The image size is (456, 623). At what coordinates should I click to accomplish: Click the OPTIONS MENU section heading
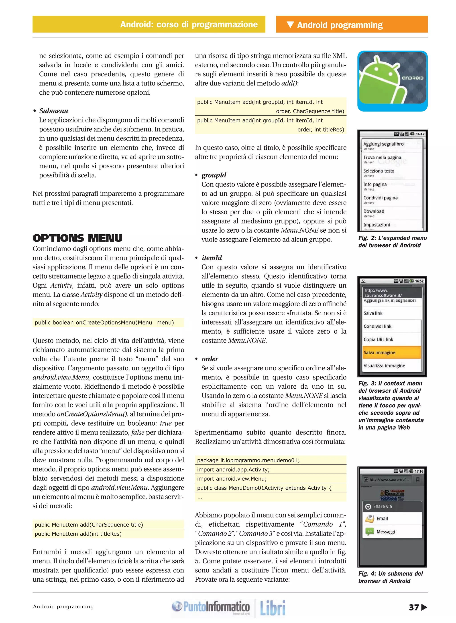(77, 238)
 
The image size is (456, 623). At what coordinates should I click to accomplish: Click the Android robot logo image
(392, 81)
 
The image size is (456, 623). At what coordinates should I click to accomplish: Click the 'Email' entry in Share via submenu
(382, 518)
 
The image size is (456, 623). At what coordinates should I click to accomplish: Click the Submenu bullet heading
(54, 111)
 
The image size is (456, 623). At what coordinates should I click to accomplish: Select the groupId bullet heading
(214, 175)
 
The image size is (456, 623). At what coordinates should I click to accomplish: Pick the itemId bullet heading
(212, 258)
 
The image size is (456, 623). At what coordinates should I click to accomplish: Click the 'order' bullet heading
(210, 359)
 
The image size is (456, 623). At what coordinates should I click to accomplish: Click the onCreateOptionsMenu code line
(104, 322)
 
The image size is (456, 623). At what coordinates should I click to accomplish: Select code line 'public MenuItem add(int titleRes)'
(78, 534)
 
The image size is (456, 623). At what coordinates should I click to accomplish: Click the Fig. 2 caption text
(392, 241)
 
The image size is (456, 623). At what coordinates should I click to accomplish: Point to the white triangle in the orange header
(290, 24)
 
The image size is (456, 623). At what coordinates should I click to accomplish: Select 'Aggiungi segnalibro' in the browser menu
(383, 144)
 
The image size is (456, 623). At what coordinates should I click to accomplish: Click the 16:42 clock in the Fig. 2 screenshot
(420, 134)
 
